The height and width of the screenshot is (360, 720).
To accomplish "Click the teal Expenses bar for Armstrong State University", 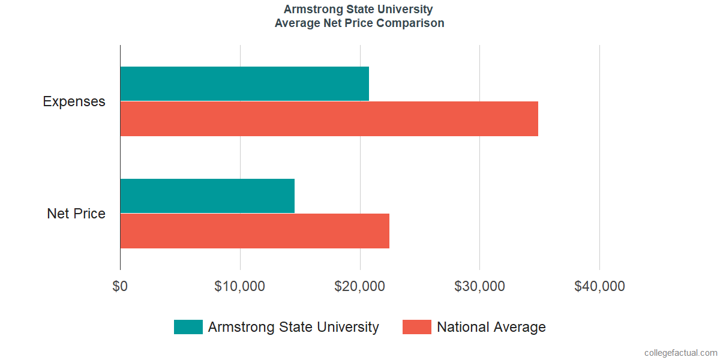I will coord(244,83).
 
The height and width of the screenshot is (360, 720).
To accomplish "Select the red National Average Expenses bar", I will coord(329,119).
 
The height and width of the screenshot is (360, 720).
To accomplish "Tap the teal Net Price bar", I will coord(207,196).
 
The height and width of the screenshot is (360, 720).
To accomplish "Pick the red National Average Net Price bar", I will coord(254,231).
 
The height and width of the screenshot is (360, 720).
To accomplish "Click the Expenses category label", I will coord(74,101).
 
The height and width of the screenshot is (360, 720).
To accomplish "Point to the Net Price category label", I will coord(76,214).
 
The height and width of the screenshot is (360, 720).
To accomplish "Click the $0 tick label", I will coord(120,286).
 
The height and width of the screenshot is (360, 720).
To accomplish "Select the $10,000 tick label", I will coord(240,286).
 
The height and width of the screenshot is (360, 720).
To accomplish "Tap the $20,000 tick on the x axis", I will coord(360,286).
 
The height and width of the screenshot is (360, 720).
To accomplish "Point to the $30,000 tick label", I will coord(480,286).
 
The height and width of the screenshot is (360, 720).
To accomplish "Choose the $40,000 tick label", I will coord(599,286).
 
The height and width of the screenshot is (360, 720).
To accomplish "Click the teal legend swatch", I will coord(188,327).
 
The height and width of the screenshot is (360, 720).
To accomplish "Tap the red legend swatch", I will coord(416,327).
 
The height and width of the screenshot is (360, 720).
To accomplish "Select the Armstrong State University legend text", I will coord(293,327).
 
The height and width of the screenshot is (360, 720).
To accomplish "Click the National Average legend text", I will coord(491,327).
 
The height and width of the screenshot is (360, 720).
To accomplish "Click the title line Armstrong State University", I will coord(359,10).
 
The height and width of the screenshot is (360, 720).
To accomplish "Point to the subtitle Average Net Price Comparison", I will coord(359,23).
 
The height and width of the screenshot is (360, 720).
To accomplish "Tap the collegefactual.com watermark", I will coord(680,353).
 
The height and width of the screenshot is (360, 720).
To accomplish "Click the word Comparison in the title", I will coord(415,23).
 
